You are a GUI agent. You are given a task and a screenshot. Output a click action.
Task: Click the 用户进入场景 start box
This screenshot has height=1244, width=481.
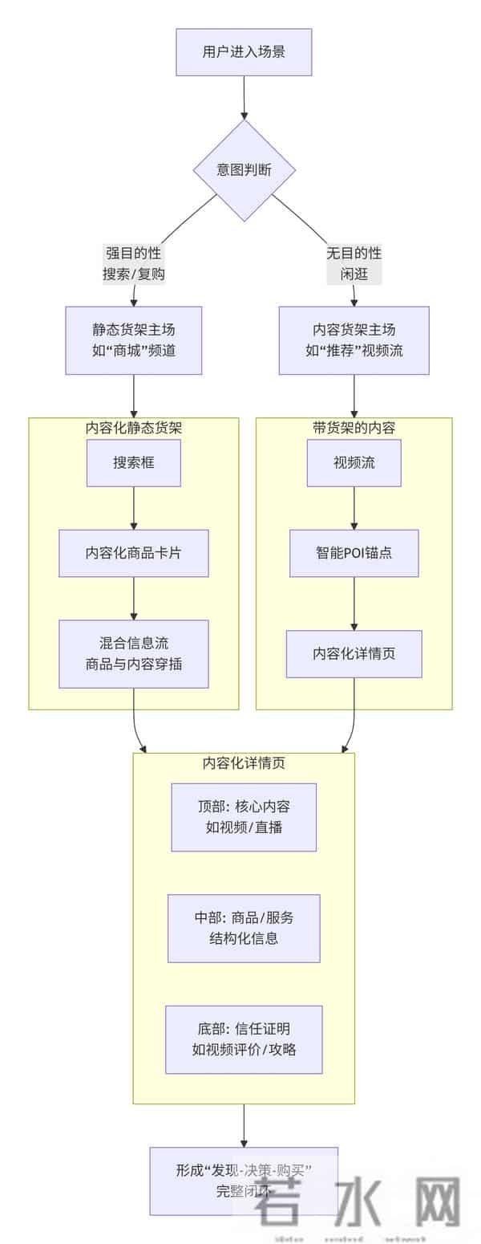244,52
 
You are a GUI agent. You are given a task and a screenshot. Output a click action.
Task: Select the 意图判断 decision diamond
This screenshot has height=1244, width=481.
244,170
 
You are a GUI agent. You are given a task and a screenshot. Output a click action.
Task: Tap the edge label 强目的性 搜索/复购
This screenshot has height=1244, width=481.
134,263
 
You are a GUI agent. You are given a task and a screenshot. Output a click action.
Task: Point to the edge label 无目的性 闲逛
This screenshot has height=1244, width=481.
354,263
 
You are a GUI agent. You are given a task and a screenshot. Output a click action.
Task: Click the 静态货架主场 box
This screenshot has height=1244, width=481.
134,340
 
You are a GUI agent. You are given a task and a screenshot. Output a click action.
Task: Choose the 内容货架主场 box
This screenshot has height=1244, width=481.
354,340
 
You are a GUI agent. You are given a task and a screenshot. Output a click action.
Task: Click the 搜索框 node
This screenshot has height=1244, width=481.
134,462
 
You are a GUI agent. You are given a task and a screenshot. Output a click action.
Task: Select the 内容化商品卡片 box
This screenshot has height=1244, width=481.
134,553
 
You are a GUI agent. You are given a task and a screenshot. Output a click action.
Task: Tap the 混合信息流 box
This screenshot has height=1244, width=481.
134,653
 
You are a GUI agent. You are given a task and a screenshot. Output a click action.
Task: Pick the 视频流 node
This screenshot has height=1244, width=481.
354,462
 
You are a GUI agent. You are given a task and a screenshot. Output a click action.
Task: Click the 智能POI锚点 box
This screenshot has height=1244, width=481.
354,553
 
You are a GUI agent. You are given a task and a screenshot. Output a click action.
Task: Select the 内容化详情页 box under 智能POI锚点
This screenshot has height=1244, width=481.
354,653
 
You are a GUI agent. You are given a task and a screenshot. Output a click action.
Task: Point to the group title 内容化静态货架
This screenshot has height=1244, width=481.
134,428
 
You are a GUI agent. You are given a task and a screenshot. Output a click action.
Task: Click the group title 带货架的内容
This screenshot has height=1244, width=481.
354,428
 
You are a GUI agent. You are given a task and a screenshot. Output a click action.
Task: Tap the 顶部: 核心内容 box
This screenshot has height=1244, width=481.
244,817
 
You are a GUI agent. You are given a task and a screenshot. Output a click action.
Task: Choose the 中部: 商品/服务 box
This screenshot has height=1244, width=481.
244,928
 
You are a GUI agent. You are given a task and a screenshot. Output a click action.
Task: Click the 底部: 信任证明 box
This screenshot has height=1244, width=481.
244,1039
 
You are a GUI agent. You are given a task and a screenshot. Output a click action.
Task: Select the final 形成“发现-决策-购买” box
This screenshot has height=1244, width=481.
244,1181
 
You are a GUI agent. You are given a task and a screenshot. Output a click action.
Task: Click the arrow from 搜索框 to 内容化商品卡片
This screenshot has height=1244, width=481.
134,508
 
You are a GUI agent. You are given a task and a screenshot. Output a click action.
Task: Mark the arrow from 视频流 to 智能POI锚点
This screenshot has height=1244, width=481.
354,508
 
